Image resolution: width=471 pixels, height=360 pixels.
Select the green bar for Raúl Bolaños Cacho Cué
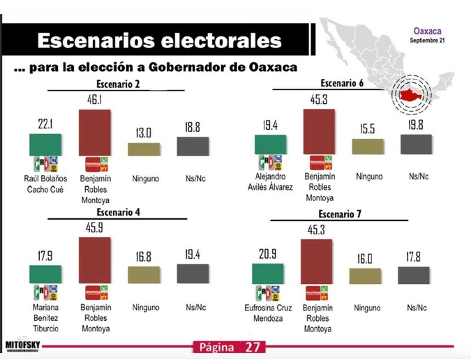coord(44,144)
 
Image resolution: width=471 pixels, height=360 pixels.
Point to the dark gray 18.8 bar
coord(193,146)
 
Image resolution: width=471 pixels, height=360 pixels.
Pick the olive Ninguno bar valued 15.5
coord(368,146)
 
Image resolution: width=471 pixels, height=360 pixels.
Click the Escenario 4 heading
coord(113,213)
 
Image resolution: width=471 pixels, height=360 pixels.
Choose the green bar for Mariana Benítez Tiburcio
coord(44,274)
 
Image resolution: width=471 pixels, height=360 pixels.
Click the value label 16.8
coord(143,257)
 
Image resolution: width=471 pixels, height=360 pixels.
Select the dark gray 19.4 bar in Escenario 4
coord(193,273)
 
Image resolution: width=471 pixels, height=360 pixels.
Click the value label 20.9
coord(268,254)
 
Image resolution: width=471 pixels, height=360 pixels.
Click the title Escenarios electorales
coord(159,40)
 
